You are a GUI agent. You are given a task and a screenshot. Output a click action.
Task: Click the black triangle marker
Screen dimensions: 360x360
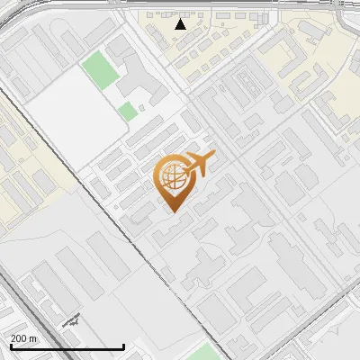point(181,24)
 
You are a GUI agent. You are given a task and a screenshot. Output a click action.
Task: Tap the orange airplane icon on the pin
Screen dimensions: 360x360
point(199,164)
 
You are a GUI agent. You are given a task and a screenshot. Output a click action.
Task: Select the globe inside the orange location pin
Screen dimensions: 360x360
point(171,177)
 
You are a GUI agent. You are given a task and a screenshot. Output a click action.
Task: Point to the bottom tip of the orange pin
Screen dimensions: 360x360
point(172,211)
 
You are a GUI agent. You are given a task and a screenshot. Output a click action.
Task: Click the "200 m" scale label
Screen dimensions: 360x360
point(24,337)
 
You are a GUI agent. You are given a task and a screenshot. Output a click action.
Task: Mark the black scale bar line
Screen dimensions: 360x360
point(67,346)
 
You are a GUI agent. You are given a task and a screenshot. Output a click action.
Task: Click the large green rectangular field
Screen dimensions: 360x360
point(98,70)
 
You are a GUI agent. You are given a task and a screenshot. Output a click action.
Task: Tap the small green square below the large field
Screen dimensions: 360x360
point(128,112)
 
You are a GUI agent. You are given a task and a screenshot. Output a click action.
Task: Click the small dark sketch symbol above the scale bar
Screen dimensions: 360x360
point(72,319)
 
